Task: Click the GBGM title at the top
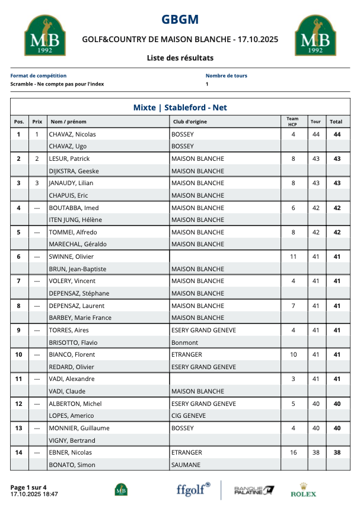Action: point(180,20)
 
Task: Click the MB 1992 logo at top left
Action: point(41,36)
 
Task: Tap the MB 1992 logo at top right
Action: point(312,36)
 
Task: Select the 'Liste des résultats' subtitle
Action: point(180,58)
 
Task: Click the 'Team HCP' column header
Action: point(292,121)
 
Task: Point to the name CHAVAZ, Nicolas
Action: point(72,134)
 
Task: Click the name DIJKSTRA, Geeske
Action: point(74,171)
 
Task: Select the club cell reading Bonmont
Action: point(184,342)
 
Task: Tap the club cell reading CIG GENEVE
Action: point(189,416)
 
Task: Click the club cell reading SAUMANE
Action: point(186,465)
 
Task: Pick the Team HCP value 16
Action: point(293,452)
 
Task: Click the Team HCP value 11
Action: point(293,256)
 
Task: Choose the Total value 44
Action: point(336,134)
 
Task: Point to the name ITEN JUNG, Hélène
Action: point(74,220)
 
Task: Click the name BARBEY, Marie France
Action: point(80,318)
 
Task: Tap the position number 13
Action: point(18,428)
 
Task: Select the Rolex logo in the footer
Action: point(303,490)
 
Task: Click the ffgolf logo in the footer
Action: point(193,489)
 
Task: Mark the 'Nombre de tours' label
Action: point(227,76)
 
